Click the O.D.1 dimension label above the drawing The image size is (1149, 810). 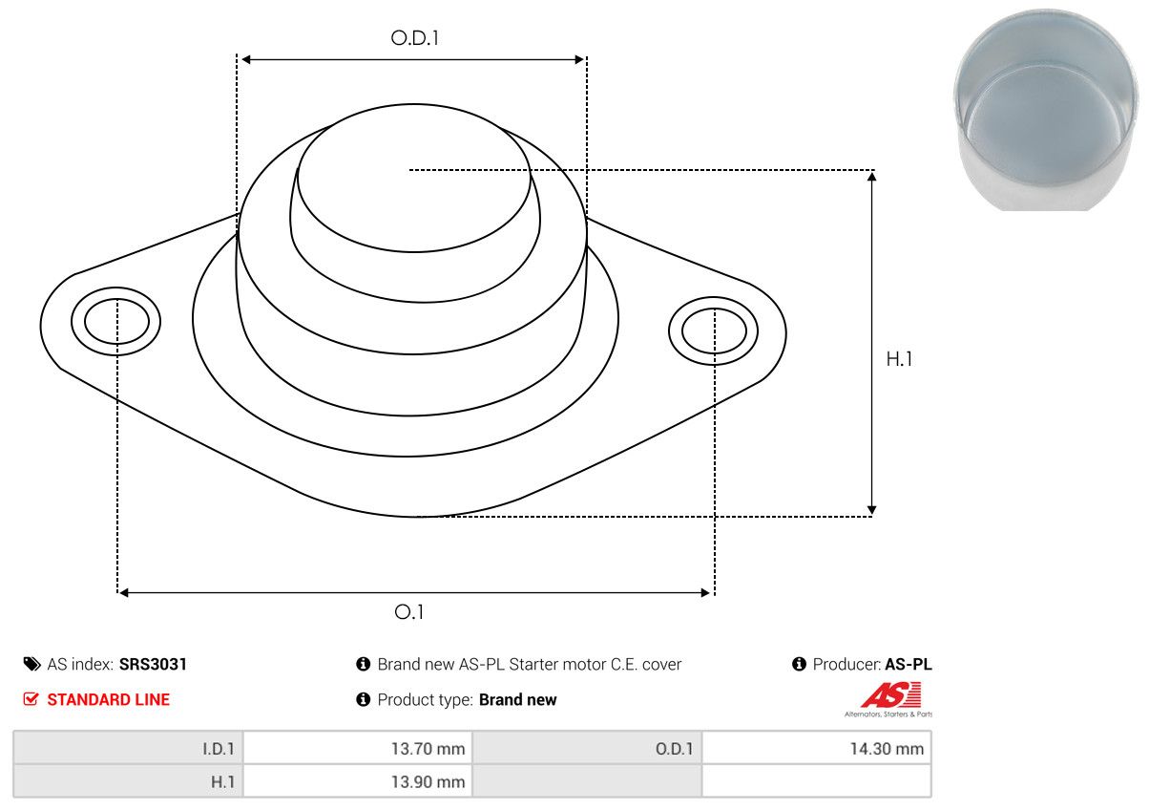(414, 38)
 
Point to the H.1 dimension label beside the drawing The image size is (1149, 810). (899, 359)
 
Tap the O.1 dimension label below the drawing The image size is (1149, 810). (408, 612)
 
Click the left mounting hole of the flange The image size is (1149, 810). (116, 321)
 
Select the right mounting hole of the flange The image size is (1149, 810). (714, 331)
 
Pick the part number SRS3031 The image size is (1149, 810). (153, 664)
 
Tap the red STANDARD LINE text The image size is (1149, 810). (108, 699)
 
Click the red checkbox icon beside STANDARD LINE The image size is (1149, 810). (31, 698)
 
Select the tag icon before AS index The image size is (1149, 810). (31, 664)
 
